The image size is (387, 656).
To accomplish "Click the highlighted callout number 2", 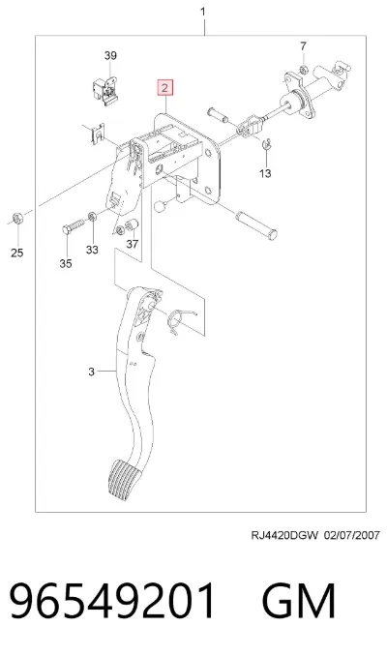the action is (164, 88).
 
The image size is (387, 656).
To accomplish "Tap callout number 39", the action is (110, 55).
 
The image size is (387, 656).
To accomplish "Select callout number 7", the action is (304, 46).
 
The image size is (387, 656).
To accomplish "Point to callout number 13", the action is (265, 173).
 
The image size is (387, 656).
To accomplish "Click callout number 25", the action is (16, 253).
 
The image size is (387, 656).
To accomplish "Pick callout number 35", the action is (66, 263).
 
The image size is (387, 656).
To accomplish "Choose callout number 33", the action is (92, 250).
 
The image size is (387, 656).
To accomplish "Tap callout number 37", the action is (133, 243).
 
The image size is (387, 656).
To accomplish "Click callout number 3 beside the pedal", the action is (92, 372).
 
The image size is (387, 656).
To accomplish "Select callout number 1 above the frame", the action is (203, 12).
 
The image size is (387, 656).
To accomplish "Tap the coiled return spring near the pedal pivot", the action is (179, 320).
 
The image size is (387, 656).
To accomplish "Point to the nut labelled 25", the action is (17, 219).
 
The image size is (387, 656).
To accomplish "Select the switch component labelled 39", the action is (104, 90).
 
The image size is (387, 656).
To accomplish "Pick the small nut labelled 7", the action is (304, 69).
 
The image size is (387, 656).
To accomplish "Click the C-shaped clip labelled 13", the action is (266, 144).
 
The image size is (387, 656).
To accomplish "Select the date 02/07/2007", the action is (352, 535).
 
